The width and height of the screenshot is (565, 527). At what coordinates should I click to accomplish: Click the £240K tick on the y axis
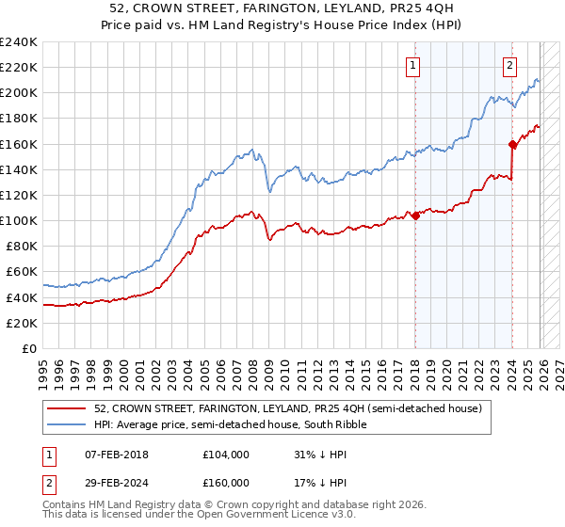(19, 42)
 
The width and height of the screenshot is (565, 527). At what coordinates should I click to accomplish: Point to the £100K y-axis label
(19, 220)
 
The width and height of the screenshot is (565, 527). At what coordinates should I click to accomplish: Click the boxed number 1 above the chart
(414, 65)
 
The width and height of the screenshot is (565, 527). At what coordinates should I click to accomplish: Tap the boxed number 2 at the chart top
(509, 65)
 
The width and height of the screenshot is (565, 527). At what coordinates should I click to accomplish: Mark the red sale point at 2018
(415, 216)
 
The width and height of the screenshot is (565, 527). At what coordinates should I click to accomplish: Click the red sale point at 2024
(513, 144)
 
